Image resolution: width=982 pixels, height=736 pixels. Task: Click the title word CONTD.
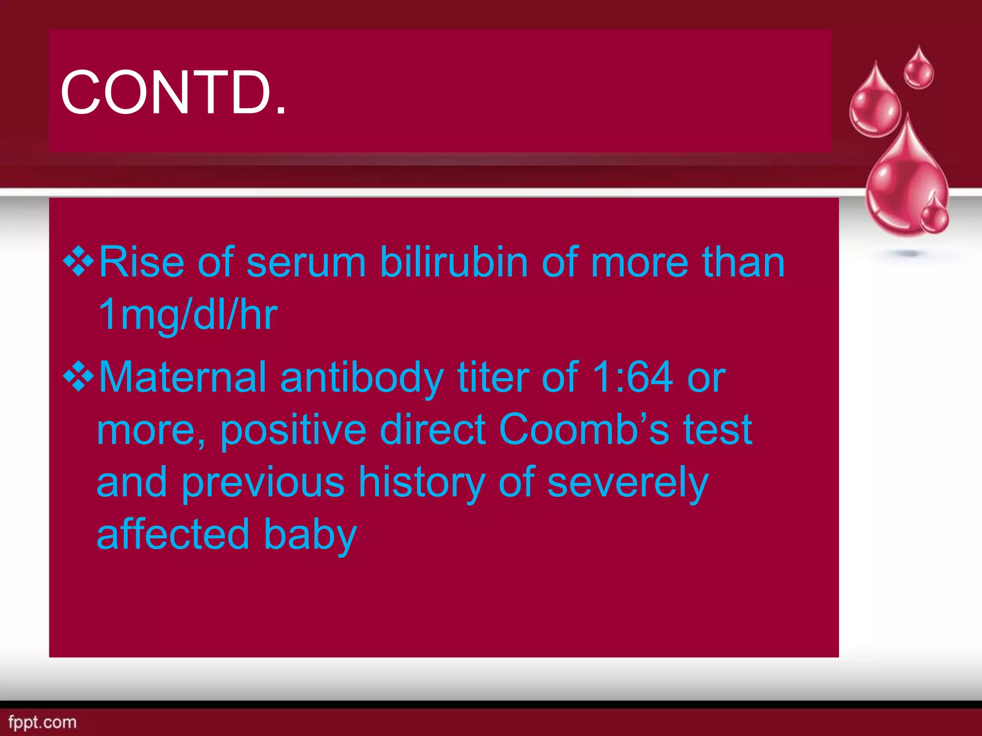pyautogui.click(x=173, y=92)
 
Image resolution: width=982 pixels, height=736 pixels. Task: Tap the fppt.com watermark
pyautogui.click(x=42, y=722)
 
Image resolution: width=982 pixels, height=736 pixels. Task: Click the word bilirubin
pyautogui.click(x=454, y=262)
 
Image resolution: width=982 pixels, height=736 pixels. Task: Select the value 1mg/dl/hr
pyautogui.click(x=187, y=315)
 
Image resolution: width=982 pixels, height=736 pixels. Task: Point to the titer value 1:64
pyautogui.click(x=632, y=377)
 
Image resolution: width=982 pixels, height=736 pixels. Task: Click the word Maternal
pyautogui.click(x=182, y=377)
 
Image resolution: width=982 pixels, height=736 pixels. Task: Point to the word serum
pyautogui.click(x=306, y=262)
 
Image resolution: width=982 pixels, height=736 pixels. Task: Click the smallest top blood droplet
pyautogui.click(x=919, y=69)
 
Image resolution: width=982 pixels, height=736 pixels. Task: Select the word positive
pyautogui.click(x=293, y=430)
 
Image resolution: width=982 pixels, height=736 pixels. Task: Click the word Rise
pyautogui.click(x=141, y=262)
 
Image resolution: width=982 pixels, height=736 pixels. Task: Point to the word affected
pyautogui.click(x=173, y=534)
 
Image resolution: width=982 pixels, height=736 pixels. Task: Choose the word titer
pyautogui.click(x=493, y=377)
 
